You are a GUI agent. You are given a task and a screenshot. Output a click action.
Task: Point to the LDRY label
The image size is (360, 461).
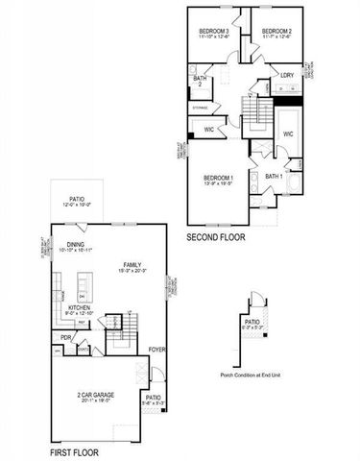point(288,74)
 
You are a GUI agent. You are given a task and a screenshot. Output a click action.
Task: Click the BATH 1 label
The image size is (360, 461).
point(273,177)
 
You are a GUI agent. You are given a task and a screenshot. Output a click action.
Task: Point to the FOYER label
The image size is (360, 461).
point(158,349)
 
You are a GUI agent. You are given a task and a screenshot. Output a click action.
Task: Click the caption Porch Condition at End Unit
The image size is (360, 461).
point(252,374)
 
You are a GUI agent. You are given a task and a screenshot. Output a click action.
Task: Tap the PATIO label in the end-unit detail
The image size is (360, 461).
point(252,322)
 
